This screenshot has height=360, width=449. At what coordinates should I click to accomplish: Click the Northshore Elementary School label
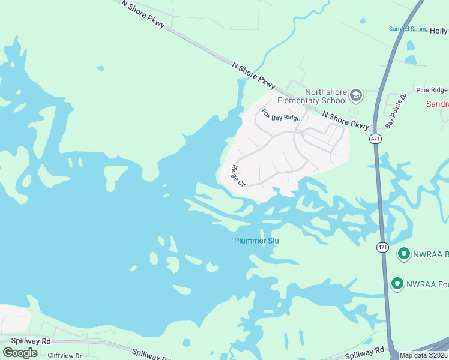click(312, 96)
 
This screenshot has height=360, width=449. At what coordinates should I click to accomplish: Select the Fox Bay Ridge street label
click(280, 115)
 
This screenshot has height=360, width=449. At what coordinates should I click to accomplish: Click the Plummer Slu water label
click(256, 241)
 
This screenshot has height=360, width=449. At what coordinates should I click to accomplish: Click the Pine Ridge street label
click(432, 89)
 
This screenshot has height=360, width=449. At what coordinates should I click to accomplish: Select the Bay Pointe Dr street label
click(396, 111)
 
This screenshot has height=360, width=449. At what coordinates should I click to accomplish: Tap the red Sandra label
click(437, 104)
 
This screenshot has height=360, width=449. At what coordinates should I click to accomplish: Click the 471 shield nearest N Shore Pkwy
click(375, 139)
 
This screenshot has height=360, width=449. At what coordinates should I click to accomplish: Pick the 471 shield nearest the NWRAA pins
click(382, 247)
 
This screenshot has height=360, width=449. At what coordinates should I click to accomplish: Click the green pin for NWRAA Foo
click(397, 283)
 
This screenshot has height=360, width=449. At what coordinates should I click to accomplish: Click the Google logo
click(20, 352)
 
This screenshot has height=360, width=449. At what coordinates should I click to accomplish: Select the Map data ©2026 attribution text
click(424, 355)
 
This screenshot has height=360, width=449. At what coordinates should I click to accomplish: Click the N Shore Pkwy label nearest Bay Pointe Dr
click(345, 119)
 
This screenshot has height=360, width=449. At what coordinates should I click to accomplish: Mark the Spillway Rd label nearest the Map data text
click(363, 350)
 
